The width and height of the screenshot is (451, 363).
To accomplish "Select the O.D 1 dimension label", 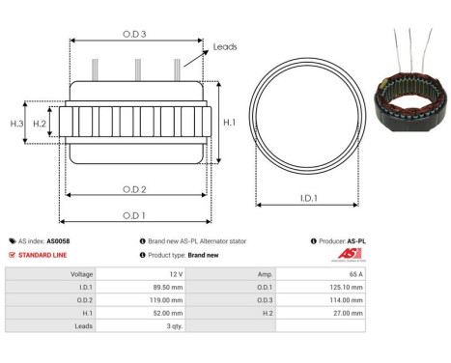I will [x=134, y=214].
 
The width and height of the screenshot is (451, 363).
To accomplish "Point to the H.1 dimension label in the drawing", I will [x=228, y=123].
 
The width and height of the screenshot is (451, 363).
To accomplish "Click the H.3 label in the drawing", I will [x=16, y=124].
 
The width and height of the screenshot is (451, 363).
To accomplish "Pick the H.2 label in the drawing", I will [x=40, y=124].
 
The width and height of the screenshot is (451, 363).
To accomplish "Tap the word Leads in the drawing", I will [x=225, y=45].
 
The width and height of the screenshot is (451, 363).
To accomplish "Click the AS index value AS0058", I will [x=58, y=241].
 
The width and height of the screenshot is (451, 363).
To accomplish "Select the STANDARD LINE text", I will [x=44, y=255].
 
